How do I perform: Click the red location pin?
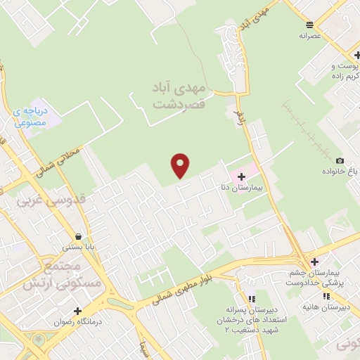(181, 165)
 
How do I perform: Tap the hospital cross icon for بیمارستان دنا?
(241, 176)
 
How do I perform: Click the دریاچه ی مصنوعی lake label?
(32, 116)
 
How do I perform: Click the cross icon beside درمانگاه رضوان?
(77, 311)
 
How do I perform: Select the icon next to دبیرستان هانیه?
(326, 296)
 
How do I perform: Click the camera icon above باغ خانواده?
(340, 161)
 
